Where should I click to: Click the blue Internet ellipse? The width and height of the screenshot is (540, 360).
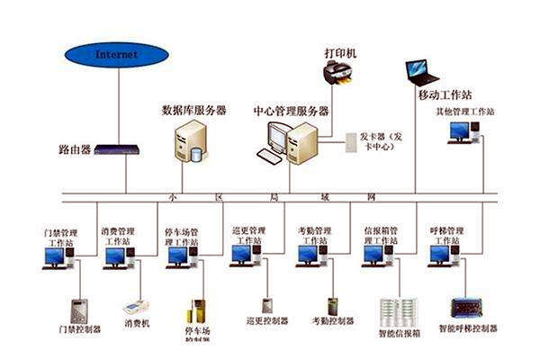tap(118, 55)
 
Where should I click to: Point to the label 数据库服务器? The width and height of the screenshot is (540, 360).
tap(193, 111)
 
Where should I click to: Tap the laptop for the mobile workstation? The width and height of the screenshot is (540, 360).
tap(420, 70)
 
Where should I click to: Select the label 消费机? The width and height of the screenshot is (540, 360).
tap(136, 321)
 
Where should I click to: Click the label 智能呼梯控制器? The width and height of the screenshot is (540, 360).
tap(468, 329)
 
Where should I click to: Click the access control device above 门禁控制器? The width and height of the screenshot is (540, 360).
tap(80, 310)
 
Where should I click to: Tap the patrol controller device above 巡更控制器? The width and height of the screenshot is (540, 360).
tap(267, 305)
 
